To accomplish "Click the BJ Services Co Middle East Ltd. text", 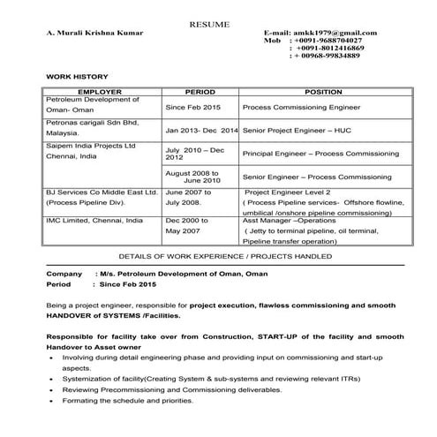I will (101, 191).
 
